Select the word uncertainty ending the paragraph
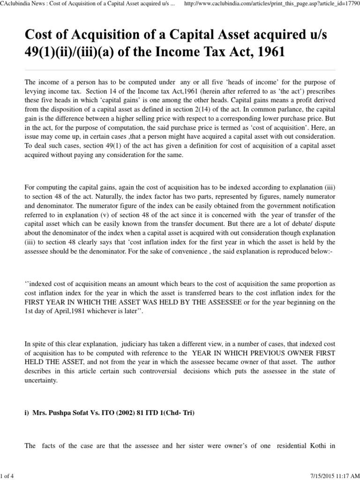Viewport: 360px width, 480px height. pyautogui.click(x=41, y=380)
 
